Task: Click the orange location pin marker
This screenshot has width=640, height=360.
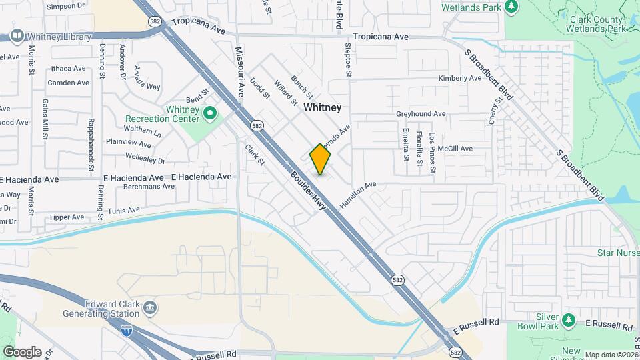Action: pos(321,159)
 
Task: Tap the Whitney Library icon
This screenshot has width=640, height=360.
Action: pos(17,36)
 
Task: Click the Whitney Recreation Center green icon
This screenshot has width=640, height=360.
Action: pos(211,113)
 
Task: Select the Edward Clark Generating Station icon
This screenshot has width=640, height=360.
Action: pos(150,307)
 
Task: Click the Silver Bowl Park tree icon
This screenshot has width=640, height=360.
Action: pos(568,322)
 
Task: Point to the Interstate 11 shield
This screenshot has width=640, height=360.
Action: pos(127,330)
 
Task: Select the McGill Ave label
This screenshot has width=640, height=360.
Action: pos(455,149)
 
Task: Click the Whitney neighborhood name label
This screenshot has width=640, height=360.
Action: pos(323,107)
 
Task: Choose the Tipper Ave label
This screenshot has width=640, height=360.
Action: pos(67,217)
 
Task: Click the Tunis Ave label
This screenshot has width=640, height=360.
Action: pos(125,211)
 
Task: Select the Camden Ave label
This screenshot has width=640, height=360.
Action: pos(68,83)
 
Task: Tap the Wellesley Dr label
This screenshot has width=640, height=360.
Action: pos(145,159)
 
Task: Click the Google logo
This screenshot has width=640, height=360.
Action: pos(22,351)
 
